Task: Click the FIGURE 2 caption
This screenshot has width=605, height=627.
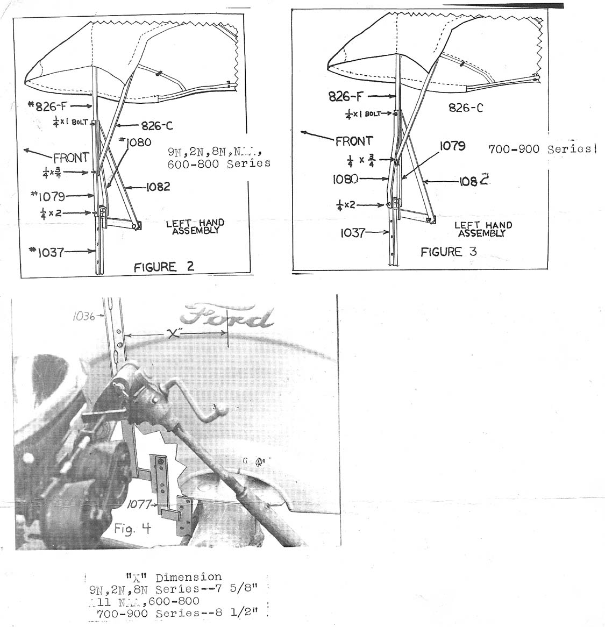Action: click(x=163, y=267)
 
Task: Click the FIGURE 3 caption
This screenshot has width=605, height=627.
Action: click(x=449, y=252)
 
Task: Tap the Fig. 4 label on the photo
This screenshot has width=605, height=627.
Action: click(x=132, y=529)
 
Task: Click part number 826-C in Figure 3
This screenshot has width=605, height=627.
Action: click(x=466, y=108)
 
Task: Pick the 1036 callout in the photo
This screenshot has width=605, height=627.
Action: click(x=83, y=317)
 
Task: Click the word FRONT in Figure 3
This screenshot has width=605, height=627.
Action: click(x=354, y=142)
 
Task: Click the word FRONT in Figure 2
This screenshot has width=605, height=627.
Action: click(x=71, y=158)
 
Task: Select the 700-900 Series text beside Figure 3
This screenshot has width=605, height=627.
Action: click(x=542, y=149)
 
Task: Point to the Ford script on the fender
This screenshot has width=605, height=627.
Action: click(x=233, y=317)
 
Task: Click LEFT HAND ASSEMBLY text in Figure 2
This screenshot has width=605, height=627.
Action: click(x=195, y=226)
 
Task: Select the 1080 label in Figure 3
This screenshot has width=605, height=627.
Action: click(x=345, y=179)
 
